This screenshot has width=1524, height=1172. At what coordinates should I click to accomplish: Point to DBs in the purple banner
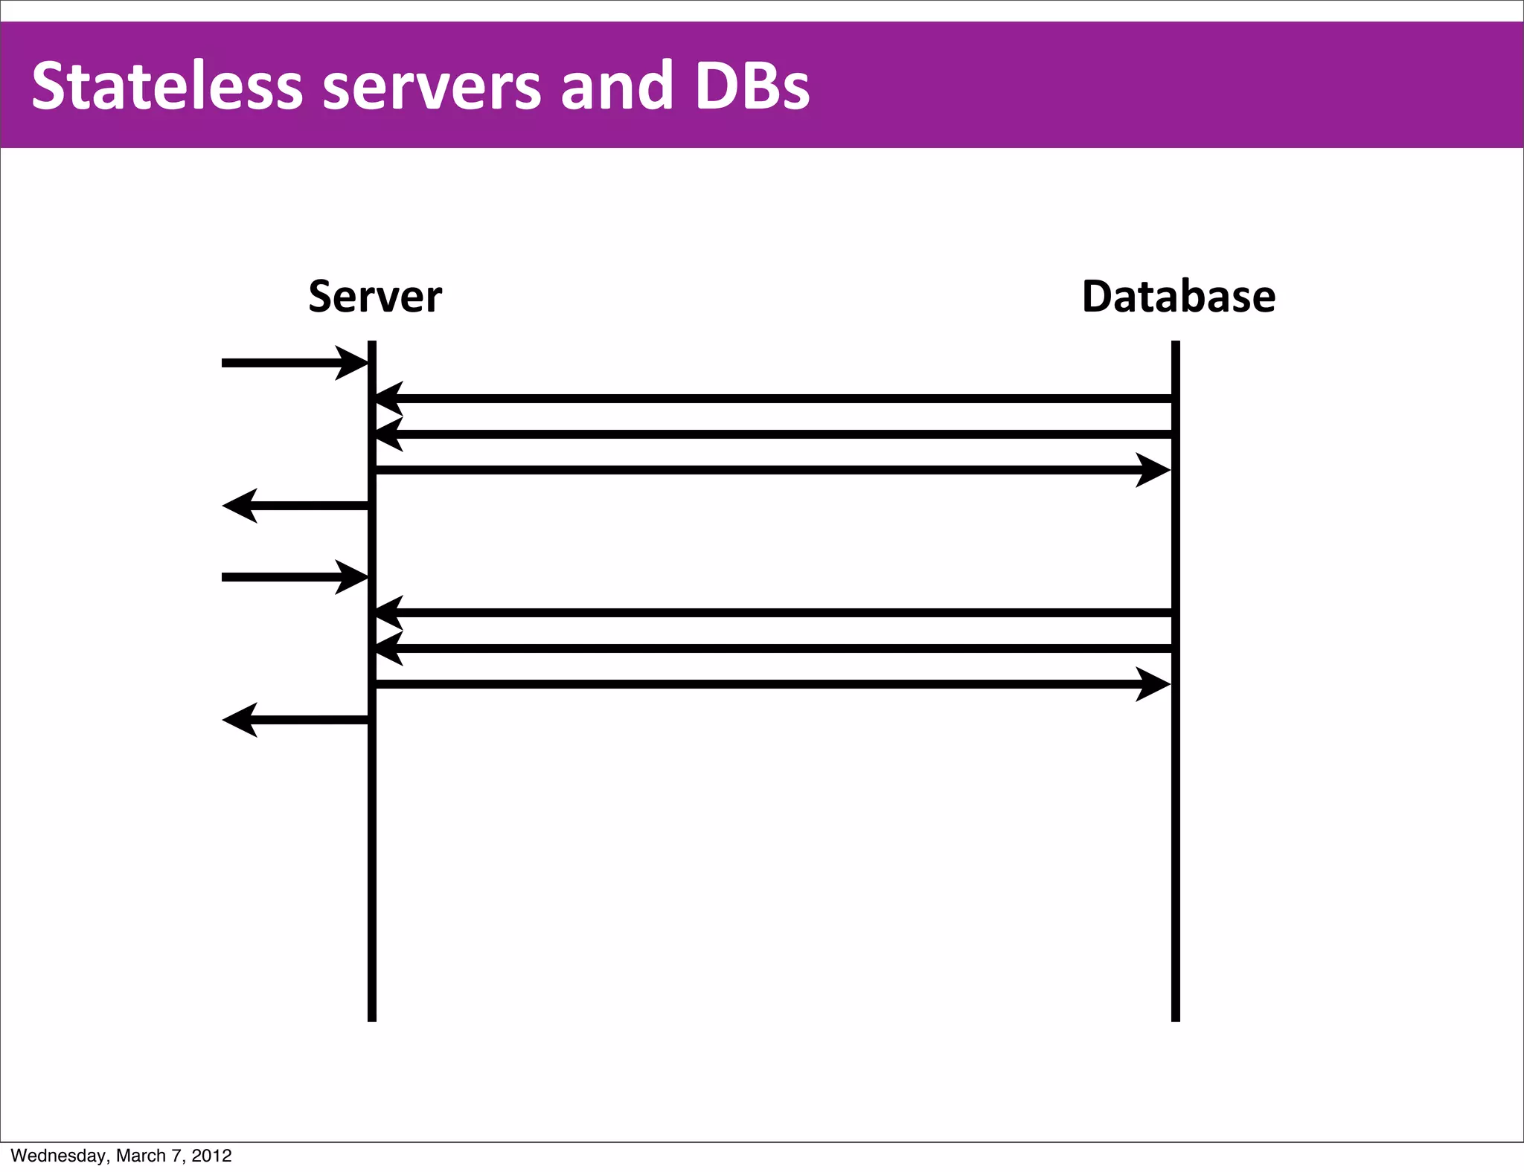pyautogui.click(x=752, y=86)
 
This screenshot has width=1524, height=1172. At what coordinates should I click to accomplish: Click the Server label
pyautogui.click(x=375, y=297)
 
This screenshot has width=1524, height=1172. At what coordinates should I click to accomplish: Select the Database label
pyautogui.click(x=1178, y=297)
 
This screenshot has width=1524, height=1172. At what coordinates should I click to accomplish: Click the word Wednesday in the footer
pyautogui.click(x=58, y=1156)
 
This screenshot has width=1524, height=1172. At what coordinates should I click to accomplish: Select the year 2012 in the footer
pyautogui.click(x=211, y=1156)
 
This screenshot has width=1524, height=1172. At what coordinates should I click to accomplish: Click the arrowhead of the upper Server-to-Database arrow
pyautogui.click(x=1154, y=470)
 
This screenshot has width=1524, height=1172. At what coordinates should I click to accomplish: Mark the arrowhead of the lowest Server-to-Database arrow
pyautogui.click(x=1154, y=684)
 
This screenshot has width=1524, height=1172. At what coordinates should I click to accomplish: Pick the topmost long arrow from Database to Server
pyautogui.click(x=774, y=399)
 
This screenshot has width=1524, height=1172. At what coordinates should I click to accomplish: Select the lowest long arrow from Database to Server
pyautogui.click(x=774, y=648)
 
